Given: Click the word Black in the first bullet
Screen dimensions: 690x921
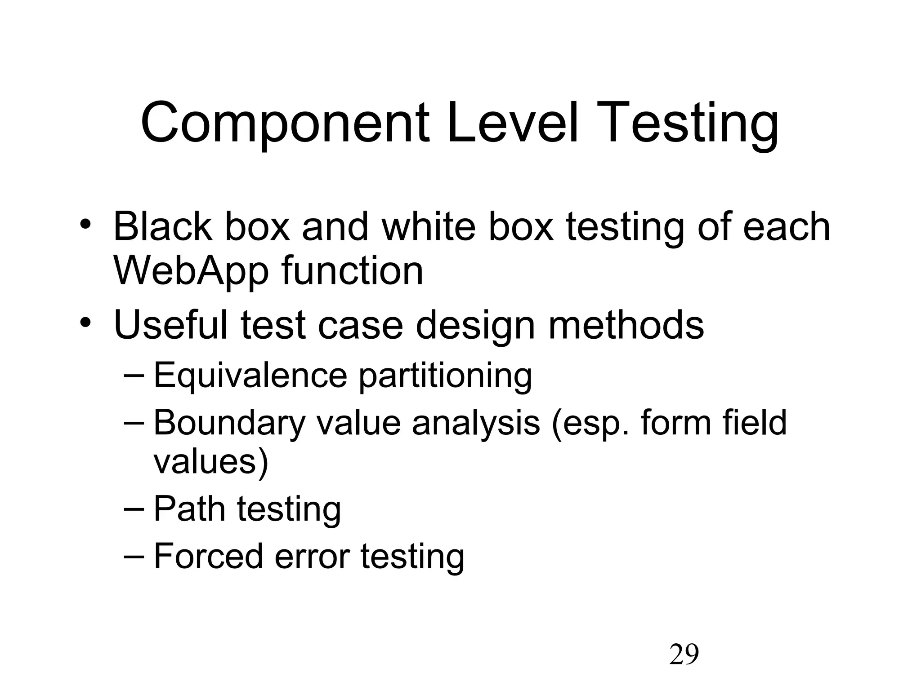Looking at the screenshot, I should pos(162,226).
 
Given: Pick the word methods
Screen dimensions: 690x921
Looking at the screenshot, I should pos(626,325).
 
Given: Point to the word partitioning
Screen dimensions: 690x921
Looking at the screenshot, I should pos(445,377).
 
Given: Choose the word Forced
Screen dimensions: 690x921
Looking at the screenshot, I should pos(208,556).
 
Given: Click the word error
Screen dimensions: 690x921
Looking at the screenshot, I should pos(312,557).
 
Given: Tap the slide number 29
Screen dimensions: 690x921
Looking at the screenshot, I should pos(684,655).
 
